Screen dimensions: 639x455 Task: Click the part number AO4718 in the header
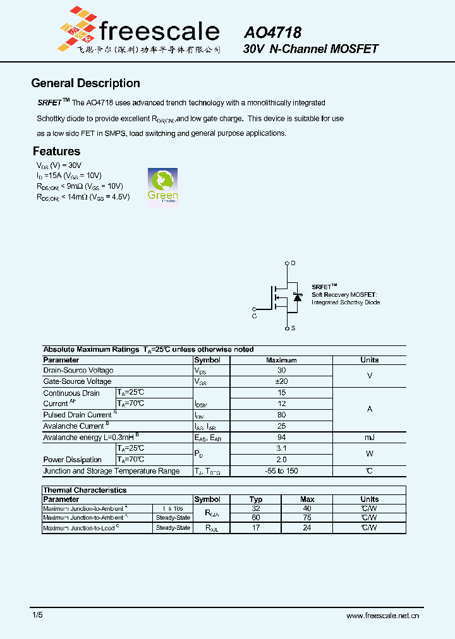[x=272, y=32]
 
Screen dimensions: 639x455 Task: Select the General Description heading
[x=85, y=83]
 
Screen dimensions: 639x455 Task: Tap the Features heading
[x=56, y=152]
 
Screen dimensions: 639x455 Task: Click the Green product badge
[x=162, y=185]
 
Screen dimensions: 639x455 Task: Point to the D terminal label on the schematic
[x=293, y=263]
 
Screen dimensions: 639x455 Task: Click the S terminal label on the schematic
[x=293, y=328]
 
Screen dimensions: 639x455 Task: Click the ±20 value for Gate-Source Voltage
[x=281, y=381]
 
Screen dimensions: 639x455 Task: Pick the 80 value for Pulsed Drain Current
[x=281, y=415]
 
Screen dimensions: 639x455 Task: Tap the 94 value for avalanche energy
[x=281, y=438]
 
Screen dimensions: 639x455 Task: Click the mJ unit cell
[x=369, y=438]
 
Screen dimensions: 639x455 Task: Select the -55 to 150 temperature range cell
[x=281, y=471]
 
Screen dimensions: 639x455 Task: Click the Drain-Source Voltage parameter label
[x=78, y=371]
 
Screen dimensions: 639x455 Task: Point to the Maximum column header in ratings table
[x=281, y=360]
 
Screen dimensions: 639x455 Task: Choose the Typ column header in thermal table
[x=256, y=499]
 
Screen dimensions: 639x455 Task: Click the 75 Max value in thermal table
[x=307, y=518]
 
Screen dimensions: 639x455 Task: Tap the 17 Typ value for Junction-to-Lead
[x=256, y=528]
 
